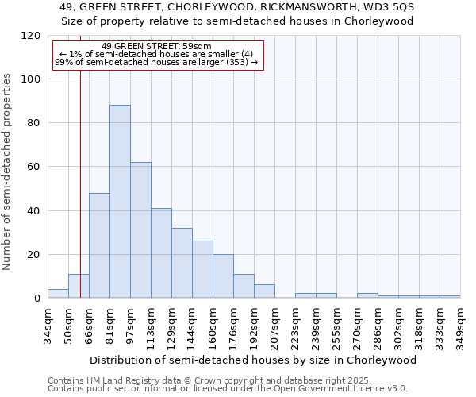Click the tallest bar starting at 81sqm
(x=120, y=202)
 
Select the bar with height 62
(x=140, y=230)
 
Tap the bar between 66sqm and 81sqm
(x=99, y=245)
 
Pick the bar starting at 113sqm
(x=161, y=253)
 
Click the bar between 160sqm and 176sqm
(x=223, y=276)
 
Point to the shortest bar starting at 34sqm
(x=58, y=294)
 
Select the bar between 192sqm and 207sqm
(x=264, y=291)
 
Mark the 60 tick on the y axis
(x=34, y=167)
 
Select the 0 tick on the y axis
(x=37, y=299)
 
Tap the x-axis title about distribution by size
(x=253, y=360)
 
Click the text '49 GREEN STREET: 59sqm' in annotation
(x=157, y=47)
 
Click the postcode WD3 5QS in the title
(x=393, y=6)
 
